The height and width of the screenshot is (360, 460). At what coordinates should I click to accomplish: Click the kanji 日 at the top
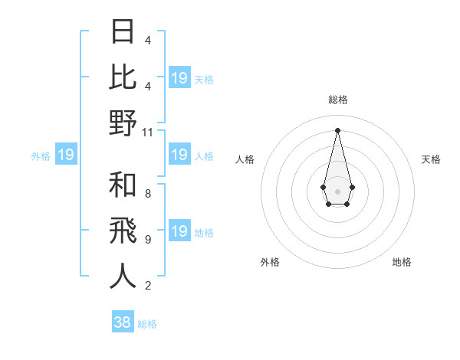pos(123,32)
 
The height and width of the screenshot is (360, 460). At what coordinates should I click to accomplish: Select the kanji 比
pos(123,77)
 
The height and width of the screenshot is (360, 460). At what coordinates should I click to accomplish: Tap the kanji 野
pos(123,123)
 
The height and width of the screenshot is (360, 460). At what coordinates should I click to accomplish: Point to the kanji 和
pos(123,185)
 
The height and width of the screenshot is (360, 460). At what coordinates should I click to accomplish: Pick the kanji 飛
pos(123,231)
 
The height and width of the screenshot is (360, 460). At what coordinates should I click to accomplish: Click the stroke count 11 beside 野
pos(148,132)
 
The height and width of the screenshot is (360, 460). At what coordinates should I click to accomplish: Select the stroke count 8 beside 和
pos(147,194)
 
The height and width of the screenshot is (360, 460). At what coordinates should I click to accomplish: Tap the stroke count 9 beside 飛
pos(147,240)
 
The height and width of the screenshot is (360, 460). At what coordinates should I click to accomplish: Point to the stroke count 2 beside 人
pos(147,286)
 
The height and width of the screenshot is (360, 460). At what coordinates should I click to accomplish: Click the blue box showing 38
pos(123,322)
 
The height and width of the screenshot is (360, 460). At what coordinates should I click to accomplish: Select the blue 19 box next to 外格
pos(66,155)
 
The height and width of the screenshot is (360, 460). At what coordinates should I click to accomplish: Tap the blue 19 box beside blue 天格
pos(179,78)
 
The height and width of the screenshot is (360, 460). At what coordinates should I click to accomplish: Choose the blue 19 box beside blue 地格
pos(179,231)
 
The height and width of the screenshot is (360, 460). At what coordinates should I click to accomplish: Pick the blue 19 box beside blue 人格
pos(179,155)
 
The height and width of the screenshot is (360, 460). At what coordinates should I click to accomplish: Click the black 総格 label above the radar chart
pos(338,100)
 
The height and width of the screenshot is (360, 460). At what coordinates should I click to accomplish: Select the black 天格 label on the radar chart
pos(431,159)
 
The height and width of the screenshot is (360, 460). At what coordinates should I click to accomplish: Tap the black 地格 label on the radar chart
pos(402,262)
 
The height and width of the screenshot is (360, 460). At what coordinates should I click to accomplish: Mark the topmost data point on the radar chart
pos(337,129)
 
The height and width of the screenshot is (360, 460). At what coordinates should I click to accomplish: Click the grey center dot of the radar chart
pos(337,190)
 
